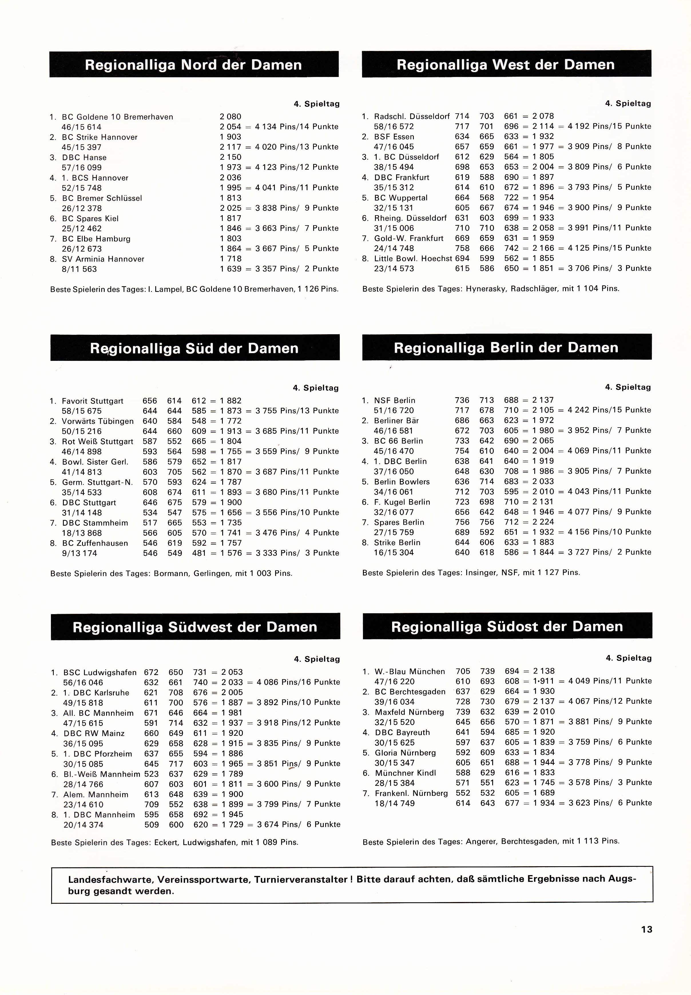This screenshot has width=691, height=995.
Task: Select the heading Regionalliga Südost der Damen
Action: tap(507, 626)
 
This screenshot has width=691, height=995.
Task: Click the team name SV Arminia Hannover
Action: tap(103, 259)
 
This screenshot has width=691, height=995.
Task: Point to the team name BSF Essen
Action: tap(394, 137)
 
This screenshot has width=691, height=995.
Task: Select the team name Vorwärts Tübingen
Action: tap(98, 421)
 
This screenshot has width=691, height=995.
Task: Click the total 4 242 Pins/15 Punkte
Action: tap(609, 410)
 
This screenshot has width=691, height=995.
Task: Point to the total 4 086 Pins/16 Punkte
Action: tap(298, 682)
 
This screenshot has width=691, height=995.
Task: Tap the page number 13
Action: tap(646, 929)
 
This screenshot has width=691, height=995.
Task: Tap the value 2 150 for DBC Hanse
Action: tap(230, 157)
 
